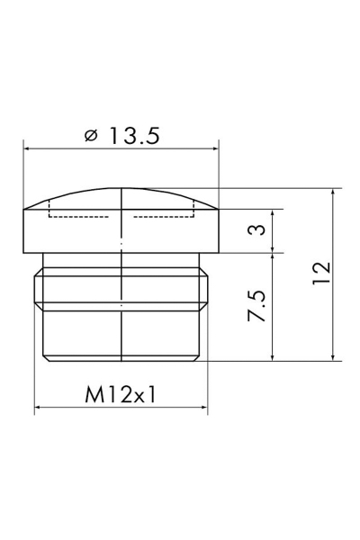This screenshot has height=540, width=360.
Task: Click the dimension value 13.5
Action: [x=134, y=136]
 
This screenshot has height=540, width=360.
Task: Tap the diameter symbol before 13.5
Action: [x=90, y=137]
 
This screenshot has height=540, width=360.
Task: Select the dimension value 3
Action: [x=257, y=231]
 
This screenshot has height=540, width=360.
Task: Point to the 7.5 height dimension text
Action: [x=257, y=307]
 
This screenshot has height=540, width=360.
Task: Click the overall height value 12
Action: [x=322, y=273]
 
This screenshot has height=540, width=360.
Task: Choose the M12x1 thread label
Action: [x=121, y=395]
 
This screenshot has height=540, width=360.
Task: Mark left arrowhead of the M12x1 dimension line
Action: [x=39, y=409]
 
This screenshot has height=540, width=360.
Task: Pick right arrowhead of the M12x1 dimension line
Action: [x=202, y=409]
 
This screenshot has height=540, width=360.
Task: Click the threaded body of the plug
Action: [x=121, y=310]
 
